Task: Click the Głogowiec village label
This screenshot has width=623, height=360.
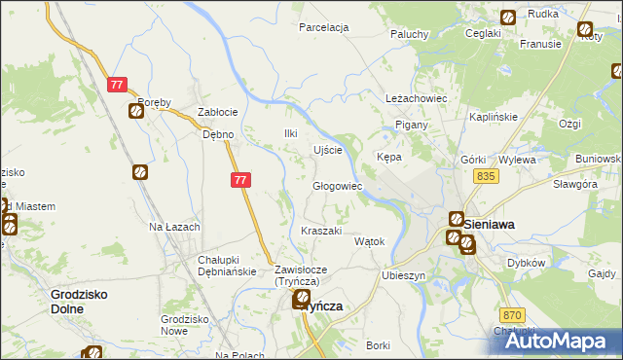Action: coord(337,186)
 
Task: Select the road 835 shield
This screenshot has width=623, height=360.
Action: coord(487,176)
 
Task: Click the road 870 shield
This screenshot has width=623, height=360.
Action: coord(512,315)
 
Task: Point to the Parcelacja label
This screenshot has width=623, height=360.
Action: coord(324,28)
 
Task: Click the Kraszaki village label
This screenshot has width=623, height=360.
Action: coord(321,231)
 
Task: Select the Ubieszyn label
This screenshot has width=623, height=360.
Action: coord(405,275)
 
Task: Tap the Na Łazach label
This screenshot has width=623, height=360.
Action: coord(174,227)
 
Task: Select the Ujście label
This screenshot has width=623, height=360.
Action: coord(327,150)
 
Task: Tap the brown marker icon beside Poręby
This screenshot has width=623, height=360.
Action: coord(136,110)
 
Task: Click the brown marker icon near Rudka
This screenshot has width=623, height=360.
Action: coord(508,17)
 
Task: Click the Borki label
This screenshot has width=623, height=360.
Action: coord(378,345)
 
